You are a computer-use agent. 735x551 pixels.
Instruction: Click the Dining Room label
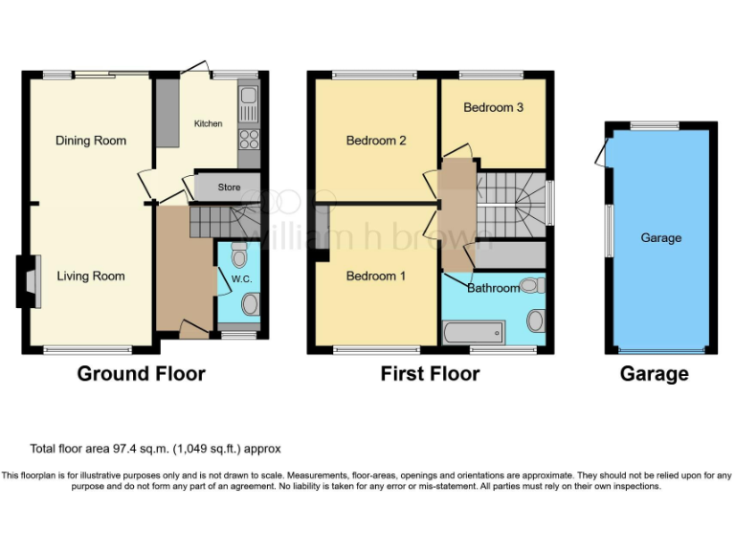91,141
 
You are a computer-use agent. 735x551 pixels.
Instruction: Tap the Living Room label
91,276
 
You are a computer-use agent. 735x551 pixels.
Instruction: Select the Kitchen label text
208,124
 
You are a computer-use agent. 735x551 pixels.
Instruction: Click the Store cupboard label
229,187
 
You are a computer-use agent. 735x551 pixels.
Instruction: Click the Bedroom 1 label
376,276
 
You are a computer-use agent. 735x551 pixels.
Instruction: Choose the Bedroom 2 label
376,141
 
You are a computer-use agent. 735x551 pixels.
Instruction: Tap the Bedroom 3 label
493,108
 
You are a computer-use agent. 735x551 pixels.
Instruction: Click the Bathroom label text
493,288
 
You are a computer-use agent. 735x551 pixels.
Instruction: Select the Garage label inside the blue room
660,237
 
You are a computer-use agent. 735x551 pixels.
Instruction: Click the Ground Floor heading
141,373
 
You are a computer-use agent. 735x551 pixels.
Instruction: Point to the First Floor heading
430,373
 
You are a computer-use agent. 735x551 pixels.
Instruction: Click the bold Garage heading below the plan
655,373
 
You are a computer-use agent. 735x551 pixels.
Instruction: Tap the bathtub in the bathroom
472,333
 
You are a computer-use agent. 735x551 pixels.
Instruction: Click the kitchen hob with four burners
248,140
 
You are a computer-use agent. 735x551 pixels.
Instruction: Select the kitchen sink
248,97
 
